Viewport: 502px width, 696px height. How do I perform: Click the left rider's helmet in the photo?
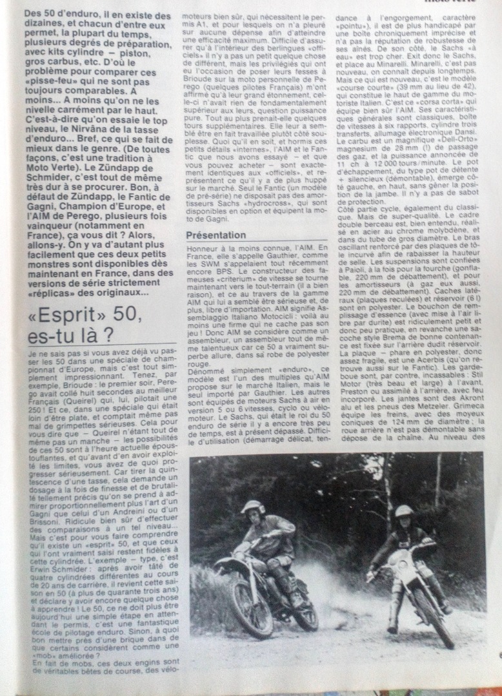(x=252, y=509)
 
